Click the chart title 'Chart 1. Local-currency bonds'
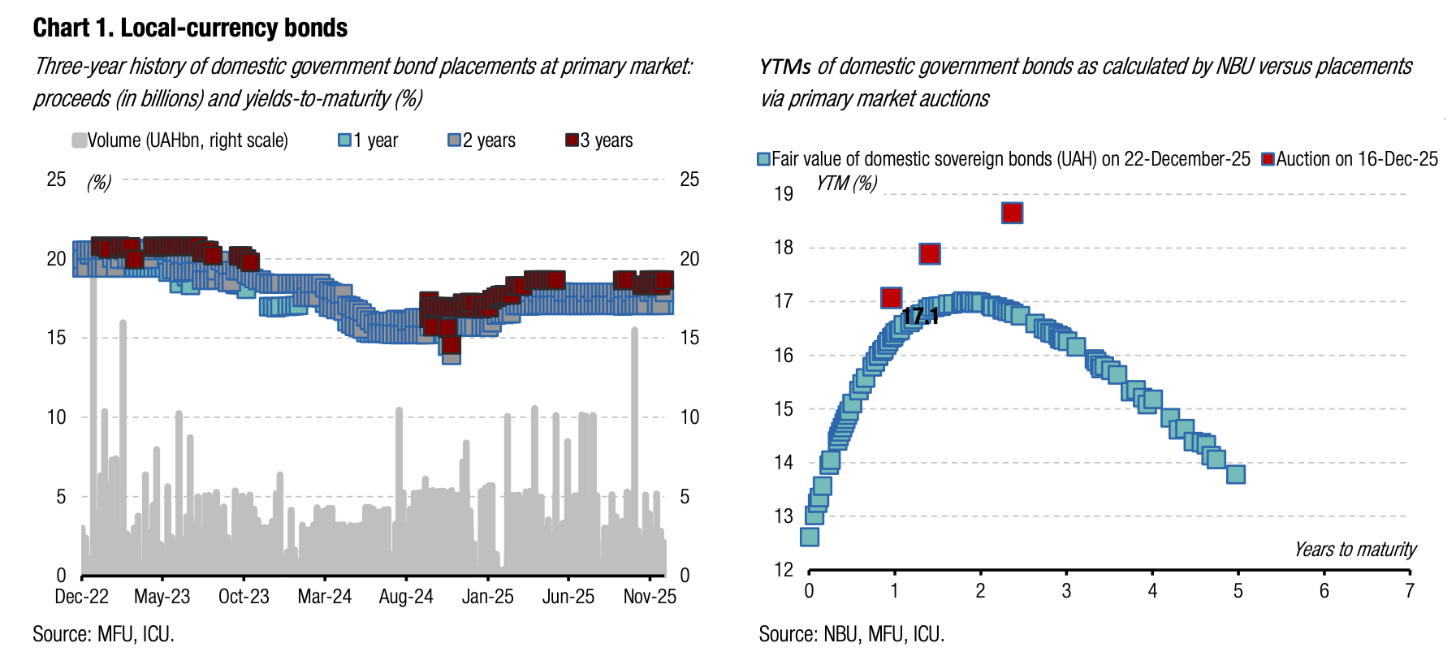[x=190, y=28]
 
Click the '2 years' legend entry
[x=482, y=140]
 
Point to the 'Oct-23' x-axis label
[x=244, y=597]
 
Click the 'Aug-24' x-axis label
[x=406, y=597]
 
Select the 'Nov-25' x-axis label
[x=650, y=597]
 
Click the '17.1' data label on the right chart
[x=920, y=316]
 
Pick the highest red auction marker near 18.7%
[x=1012, y=213]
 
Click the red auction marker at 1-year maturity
[x=891, y=298]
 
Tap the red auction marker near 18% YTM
[x=930, y=254]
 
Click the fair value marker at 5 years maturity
[x=1235, y=474]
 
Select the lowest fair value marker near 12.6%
[x=810, y=537]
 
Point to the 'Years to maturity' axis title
[x=1354, y=550]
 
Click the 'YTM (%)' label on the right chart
[x=847, y=183]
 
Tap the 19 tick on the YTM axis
[x=784, y=194]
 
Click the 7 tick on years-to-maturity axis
[x=1410, y=591]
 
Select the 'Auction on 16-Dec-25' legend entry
[x=1350, y=159]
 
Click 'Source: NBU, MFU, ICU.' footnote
[x=852, y=634]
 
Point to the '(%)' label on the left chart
[x=99, y=182]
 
